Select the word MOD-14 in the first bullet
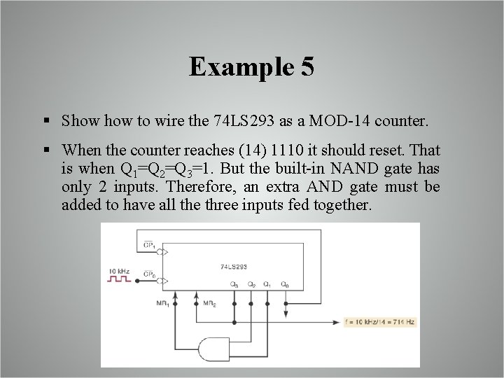[x=341, y=120]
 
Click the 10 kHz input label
[x=120, y=269]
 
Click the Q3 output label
[x=234, y=284]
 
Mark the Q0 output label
[x=285, y=284]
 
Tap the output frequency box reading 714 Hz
[x=379, y=323]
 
